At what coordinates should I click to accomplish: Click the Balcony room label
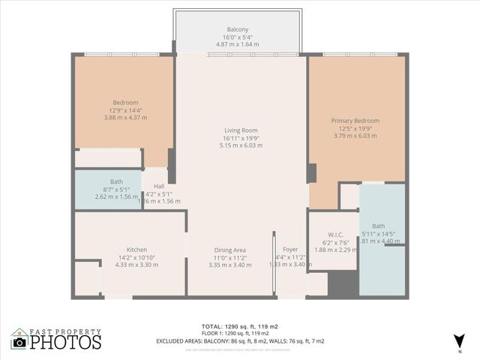click(x=238, y=29)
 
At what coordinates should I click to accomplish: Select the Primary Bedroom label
click(x=355, y=121)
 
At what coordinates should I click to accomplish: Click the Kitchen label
click(x=136, y=250)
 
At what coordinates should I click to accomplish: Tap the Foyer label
click(x=289, y=250)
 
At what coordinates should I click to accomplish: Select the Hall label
click(x=159, y=187)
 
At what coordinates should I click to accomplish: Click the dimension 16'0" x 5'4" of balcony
click(x=238, y=37)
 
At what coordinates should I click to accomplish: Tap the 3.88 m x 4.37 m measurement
click(x=125, y=118)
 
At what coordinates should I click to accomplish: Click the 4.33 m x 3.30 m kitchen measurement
click(x=136, y=265)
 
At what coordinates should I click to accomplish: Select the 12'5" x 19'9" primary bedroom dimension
click(x=355, y=128)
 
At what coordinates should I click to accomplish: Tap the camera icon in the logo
click(x=19, y=343)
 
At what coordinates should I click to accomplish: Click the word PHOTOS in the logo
click(x=66, y=343)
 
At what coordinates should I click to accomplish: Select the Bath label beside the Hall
click(x=116, y=181)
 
